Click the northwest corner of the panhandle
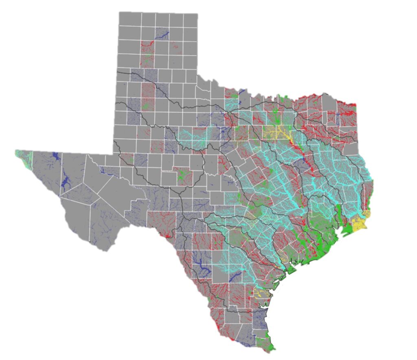pyautogui.click(x=120, y=13)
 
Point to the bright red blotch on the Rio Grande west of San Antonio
pyautogui.click(x=167, y=235)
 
